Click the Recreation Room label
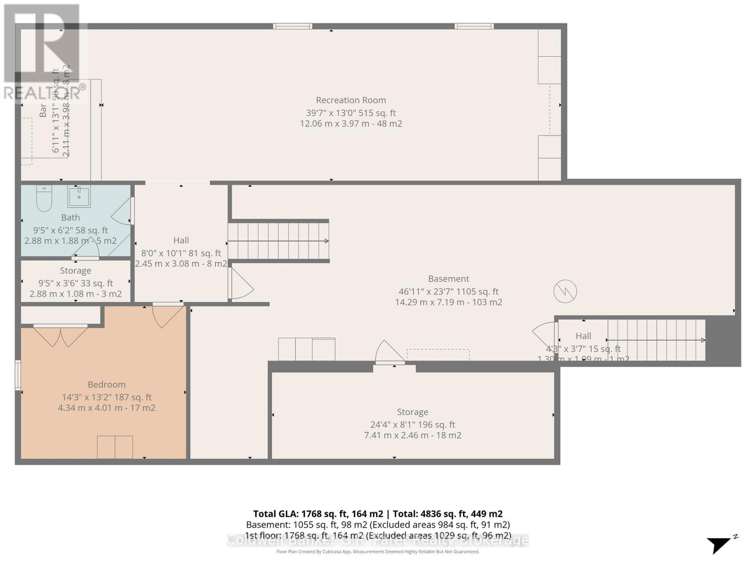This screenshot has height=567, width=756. pos(351,100)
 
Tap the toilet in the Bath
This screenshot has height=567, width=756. pos(44,198)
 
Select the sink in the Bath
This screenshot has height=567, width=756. pos(79,196)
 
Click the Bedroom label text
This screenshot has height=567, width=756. pos(106,385)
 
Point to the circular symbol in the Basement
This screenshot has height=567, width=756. pos(565,291)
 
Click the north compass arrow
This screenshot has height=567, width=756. pos(719,545)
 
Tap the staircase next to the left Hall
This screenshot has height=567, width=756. pos(278,241)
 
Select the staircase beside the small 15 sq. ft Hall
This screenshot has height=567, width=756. pos(656,340)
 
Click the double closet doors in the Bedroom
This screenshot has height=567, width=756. pos(60,335)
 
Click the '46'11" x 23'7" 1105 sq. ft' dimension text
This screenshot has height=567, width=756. pos(448,292)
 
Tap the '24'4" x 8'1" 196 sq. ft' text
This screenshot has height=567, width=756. pos(412,424)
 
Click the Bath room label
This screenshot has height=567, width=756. pos(70,218)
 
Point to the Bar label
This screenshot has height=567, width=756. pos(43,111)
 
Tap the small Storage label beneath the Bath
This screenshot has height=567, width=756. pos(76,271)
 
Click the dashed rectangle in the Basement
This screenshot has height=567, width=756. pos(438,354)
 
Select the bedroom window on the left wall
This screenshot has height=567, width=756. pos(18,375)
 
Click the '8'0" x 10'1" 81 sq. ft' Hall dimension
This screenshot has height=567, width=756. pos(181,253)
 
